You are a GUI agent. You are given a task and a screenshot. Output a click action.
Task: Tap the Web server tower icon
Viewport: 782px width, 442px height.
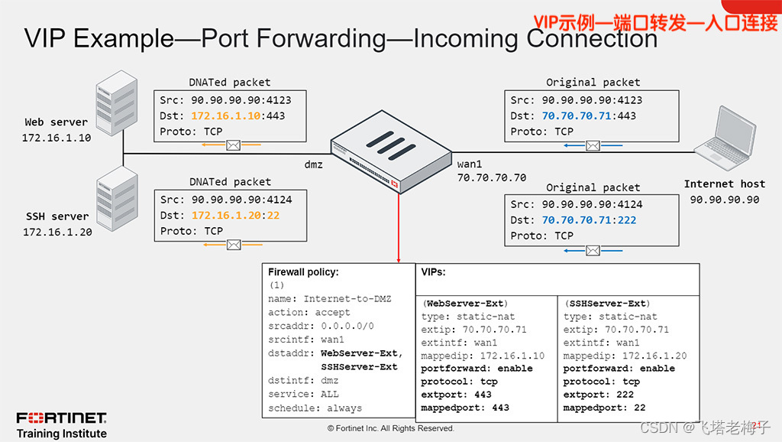(x=117, y=105)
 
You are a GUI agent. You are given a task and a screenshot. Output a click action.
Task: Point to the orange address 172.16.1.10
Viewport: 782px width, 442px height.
(x=226, y=115)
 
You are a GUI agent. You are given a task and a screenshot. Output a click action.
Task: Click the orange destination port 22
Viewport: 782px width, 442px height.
(x=274, y=216)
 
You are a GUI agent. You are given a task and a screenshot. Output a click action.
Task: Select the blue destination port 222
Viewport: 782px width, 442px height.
(x=626, y=220)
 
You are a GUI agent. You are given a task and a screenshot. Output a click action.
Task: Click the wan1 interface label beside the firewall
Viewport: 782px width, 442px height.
(x=470, y=164)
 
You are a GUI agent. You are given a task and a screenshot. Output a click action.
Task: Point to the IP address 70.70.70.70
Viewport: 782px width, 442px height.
(x=491, y=177)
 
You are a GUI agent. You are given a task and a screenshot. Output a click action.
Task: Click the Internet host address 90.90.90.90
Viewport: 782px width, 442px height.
(x=724, y=200)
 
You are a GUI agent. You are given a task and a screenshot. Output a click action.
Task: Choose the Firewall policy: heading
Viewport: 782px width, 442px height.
(x=303, y=271)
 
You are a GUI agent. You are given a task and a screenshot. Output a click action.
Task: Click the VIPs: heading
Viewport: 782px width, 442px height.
(x=433, y=271)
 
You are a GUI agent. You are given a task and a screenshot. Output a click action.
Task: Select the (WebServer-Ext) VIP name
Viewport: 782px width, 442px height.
(x=465, y=304)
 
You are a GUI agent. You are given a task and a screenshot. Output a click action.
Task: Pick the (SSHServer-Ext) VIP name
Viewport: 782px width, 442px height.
(x=606, y=304)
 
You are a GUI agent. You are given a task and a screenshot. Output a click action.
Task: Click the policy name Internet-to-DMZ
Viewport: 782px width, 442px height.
(x=347, y=299)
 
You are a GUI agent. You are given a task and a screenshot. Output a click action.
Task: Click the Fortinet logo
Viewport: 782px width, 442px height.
(x=62, y=418)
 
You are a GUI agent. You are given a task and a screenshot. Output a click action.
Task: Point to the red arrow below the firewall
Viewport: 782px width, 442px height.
(x=399, y=229)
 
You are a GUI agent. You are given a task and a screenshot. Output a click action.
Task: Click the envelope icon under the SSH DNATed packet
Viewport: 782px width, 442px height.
(x=234, y=245)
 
